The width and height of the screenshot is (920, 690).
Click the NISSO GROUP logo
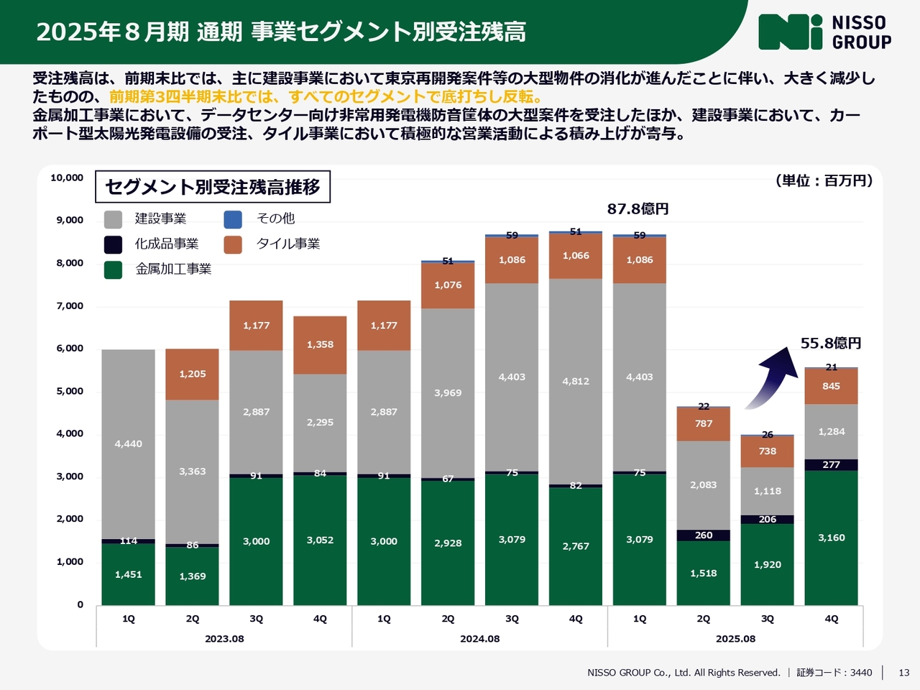coord(824,32)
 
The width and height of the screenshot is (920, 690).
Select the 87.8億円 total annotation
coord(638,208)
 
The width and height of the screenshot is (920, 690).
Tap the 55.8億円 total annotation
coord(831,344)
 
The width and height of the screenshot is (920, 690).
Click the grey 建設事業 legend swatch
coord(113,219)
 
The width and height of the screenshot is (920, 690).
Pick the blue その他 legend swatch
coord(233,219)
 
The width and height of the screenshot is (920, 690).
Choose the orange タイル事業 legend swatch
coord(233,244)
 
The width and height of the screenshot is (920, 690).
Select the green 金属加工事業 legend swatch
coord(113,270)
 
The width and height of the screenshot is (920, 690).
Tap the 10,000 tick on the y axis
coord(67,178)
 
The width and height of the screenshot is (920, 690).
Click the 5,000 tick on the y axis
coord(70,392)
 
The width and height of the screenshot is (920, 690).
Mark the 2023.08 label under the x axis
coord(224,639)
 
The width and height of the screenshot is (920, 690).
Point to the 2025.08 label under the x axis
coord(735,639)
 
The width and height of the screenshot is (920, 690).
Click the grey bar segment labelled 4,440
coord(129,443)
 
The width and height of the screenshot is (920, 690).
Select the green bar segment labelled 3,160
coord(831,538)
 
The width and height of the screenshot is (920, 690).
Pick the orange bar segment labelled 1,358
coord(320,345)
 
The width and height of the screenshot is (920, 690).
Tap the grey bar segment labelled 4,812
coord(576,381)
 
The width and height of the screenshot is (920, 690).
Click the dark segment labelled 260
coord(704,535)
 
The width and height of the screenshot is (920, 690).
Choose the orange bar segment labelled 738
coord(768,451)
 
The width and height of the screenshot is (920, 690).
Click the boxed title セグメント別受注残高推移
coord(213,187)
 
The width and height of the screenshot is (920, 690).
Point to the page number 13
coord(904,673)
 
